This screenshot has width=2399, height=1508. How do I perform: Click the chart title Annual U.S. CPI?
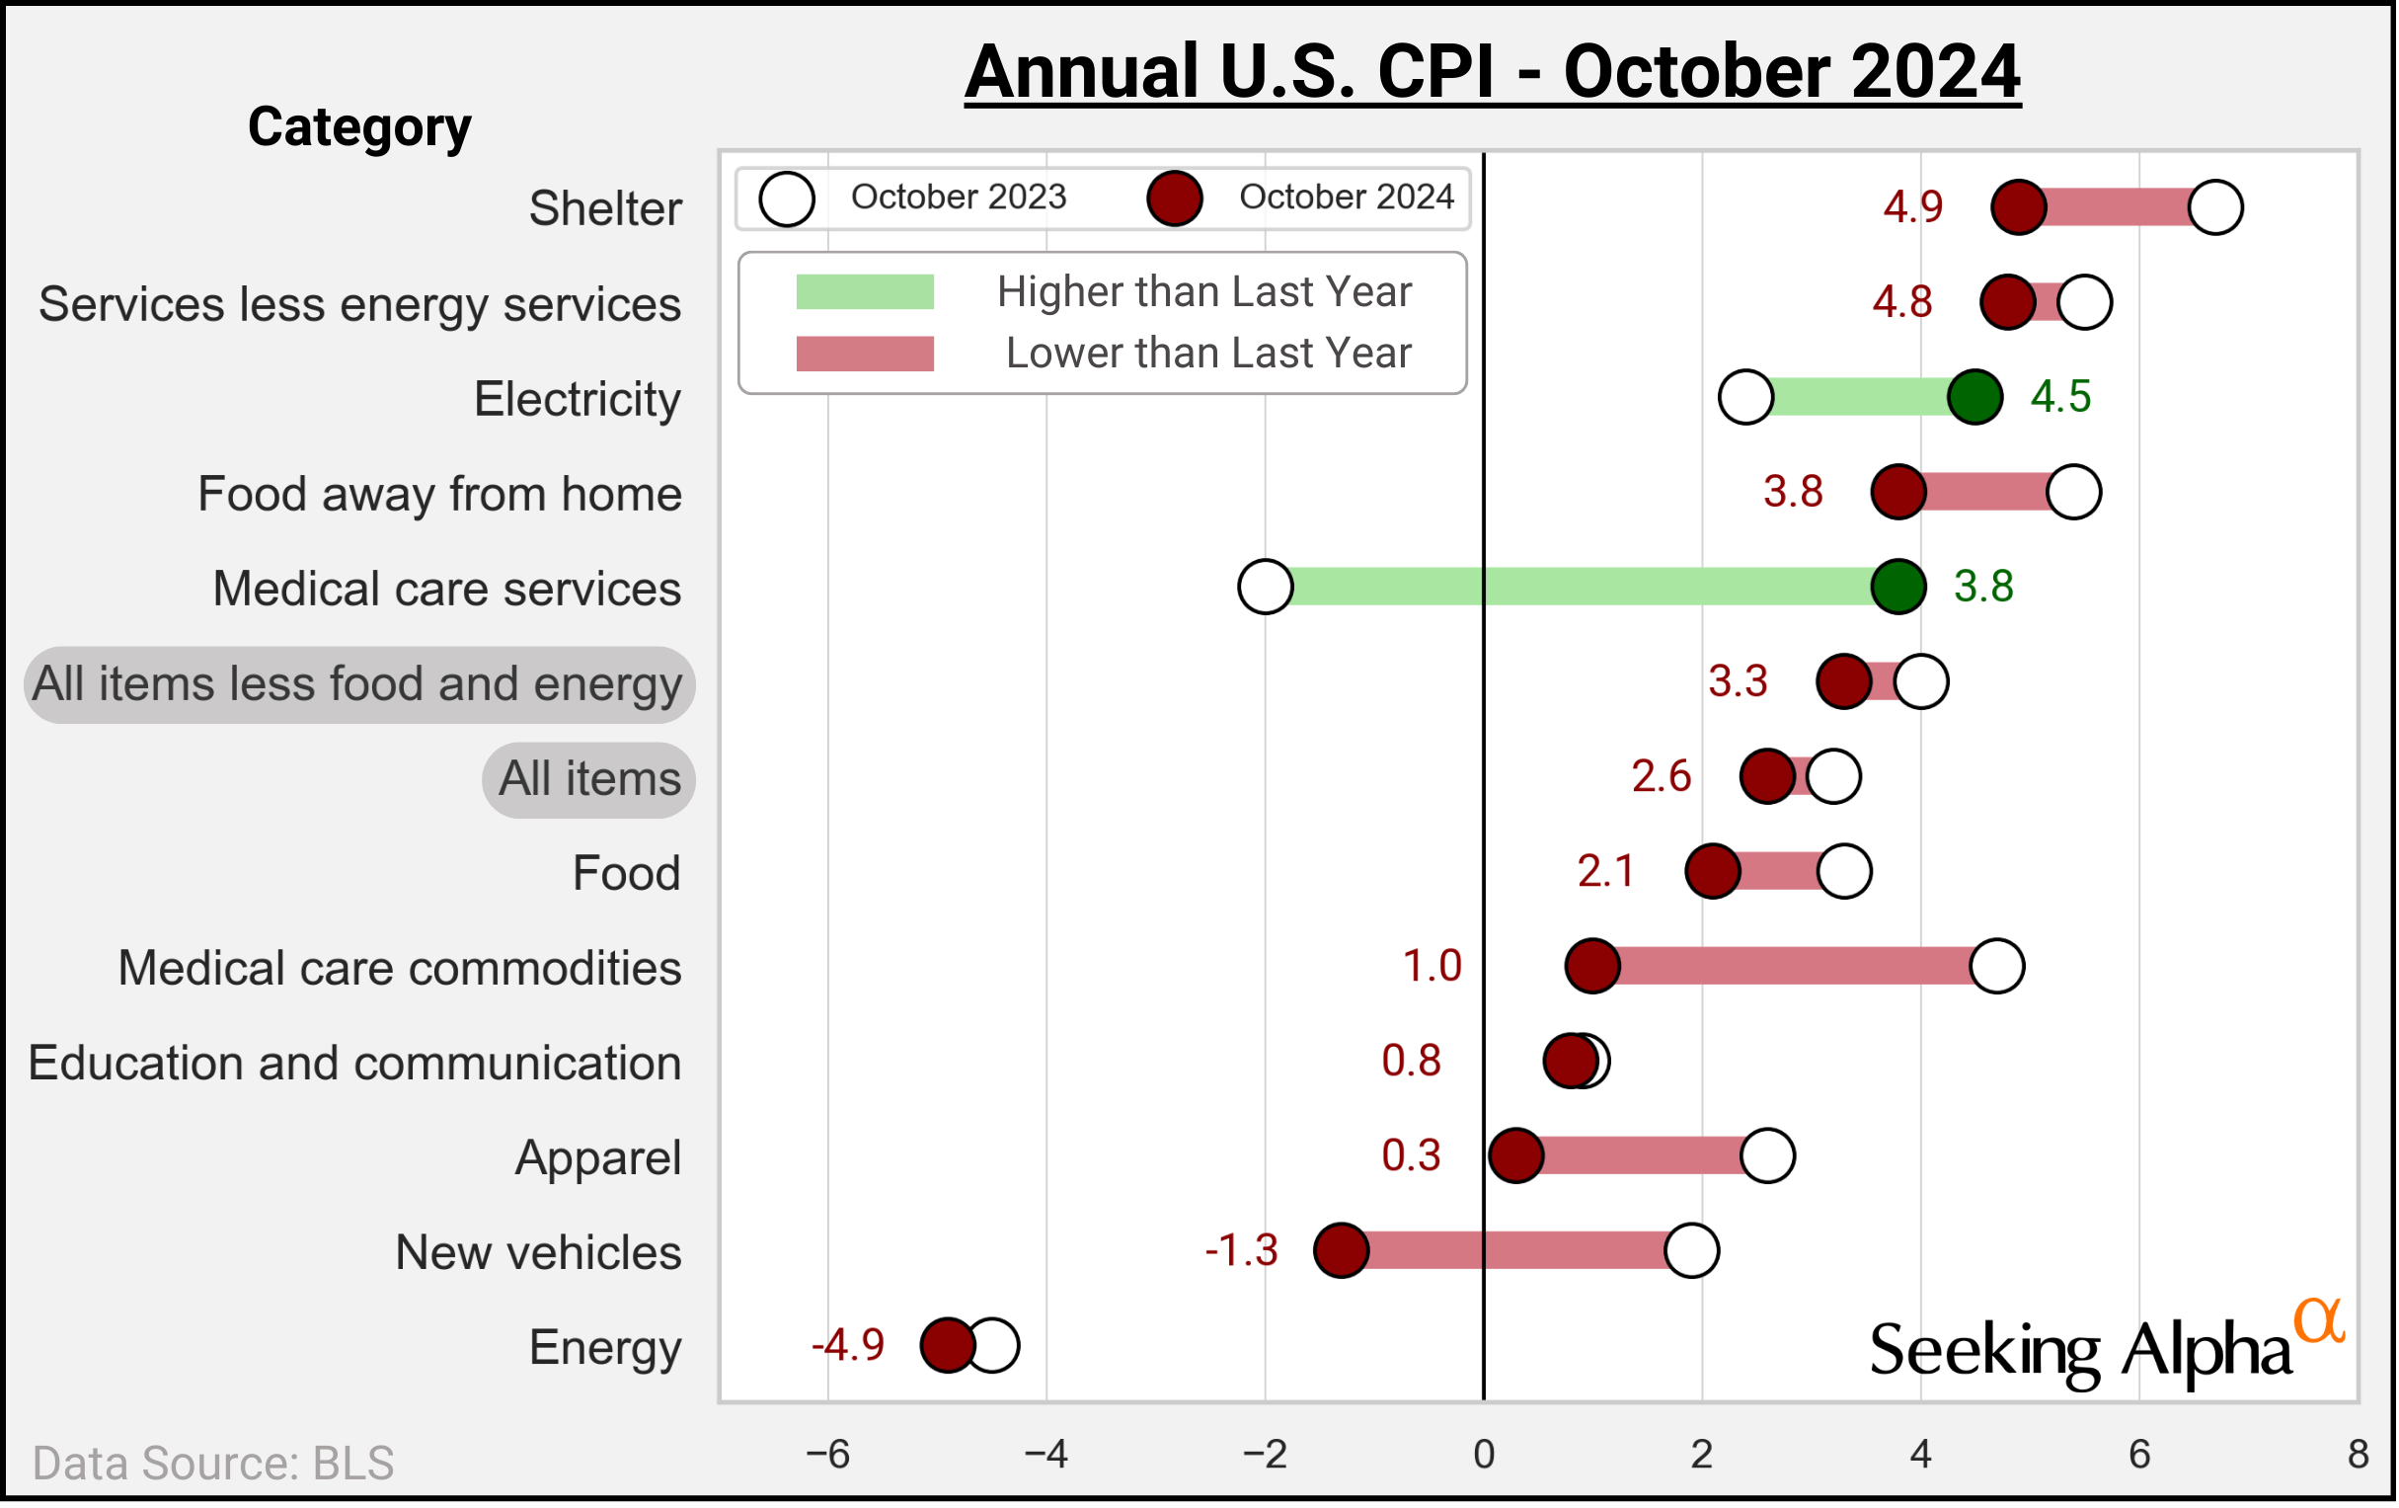pos(1493,72)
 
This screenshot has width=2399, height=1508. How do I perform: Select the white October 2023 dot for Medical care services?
pos(1266,587)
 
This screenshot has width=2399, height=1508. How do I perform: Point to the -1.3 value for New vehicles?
pos(1242,1251)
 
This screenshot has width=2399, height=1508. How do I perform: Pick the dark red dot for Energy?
pos(947,1345)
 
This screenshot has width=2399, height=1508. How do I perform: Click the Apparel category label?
pos(597,1158)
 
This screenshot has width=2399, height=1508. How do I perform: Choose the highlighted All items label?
pos(589,779)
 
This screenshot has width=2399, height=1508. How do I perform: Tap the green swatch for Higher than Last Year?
pos(865,292)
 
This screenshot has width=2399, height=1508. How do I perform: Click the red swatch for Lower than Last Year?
pos(865,354)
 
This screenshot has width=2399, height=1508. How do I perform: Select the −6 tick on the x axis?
pos(827,1456)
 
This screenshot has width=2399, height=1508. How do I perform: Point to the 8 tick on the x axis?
pos(2358,1456)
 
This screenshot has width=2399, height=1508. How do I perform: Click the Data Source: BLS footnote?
pos(213,1464)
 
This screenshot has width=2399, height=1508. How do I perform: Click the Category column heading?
pos(359,127)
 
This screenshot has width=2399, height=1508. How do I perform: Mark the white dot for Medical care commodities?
pos(1997,966)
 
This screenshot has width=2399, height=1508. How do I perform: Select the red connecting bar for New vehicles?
pos(1514,1251)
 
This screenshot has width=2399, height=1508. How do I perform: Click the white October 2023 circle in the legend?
pos(787,198)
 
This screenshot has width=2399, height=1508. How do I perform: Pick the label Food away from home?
pos(439,495)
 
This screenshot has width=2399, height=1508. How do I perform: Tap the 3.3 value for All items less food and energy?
pos(1739,681)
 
